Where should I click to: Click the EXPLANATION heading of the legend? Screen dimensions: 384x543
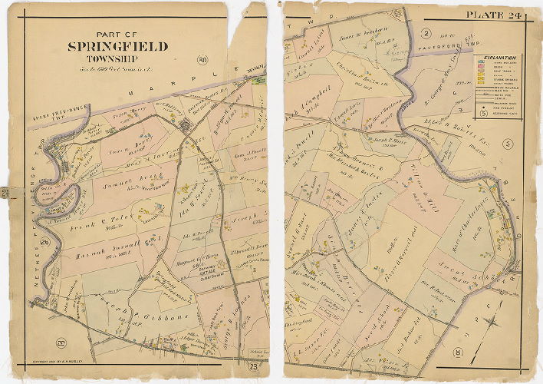[x=500, y=58]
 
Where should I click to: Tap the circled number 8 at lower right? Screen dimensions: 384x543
[x=458, y=353]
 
